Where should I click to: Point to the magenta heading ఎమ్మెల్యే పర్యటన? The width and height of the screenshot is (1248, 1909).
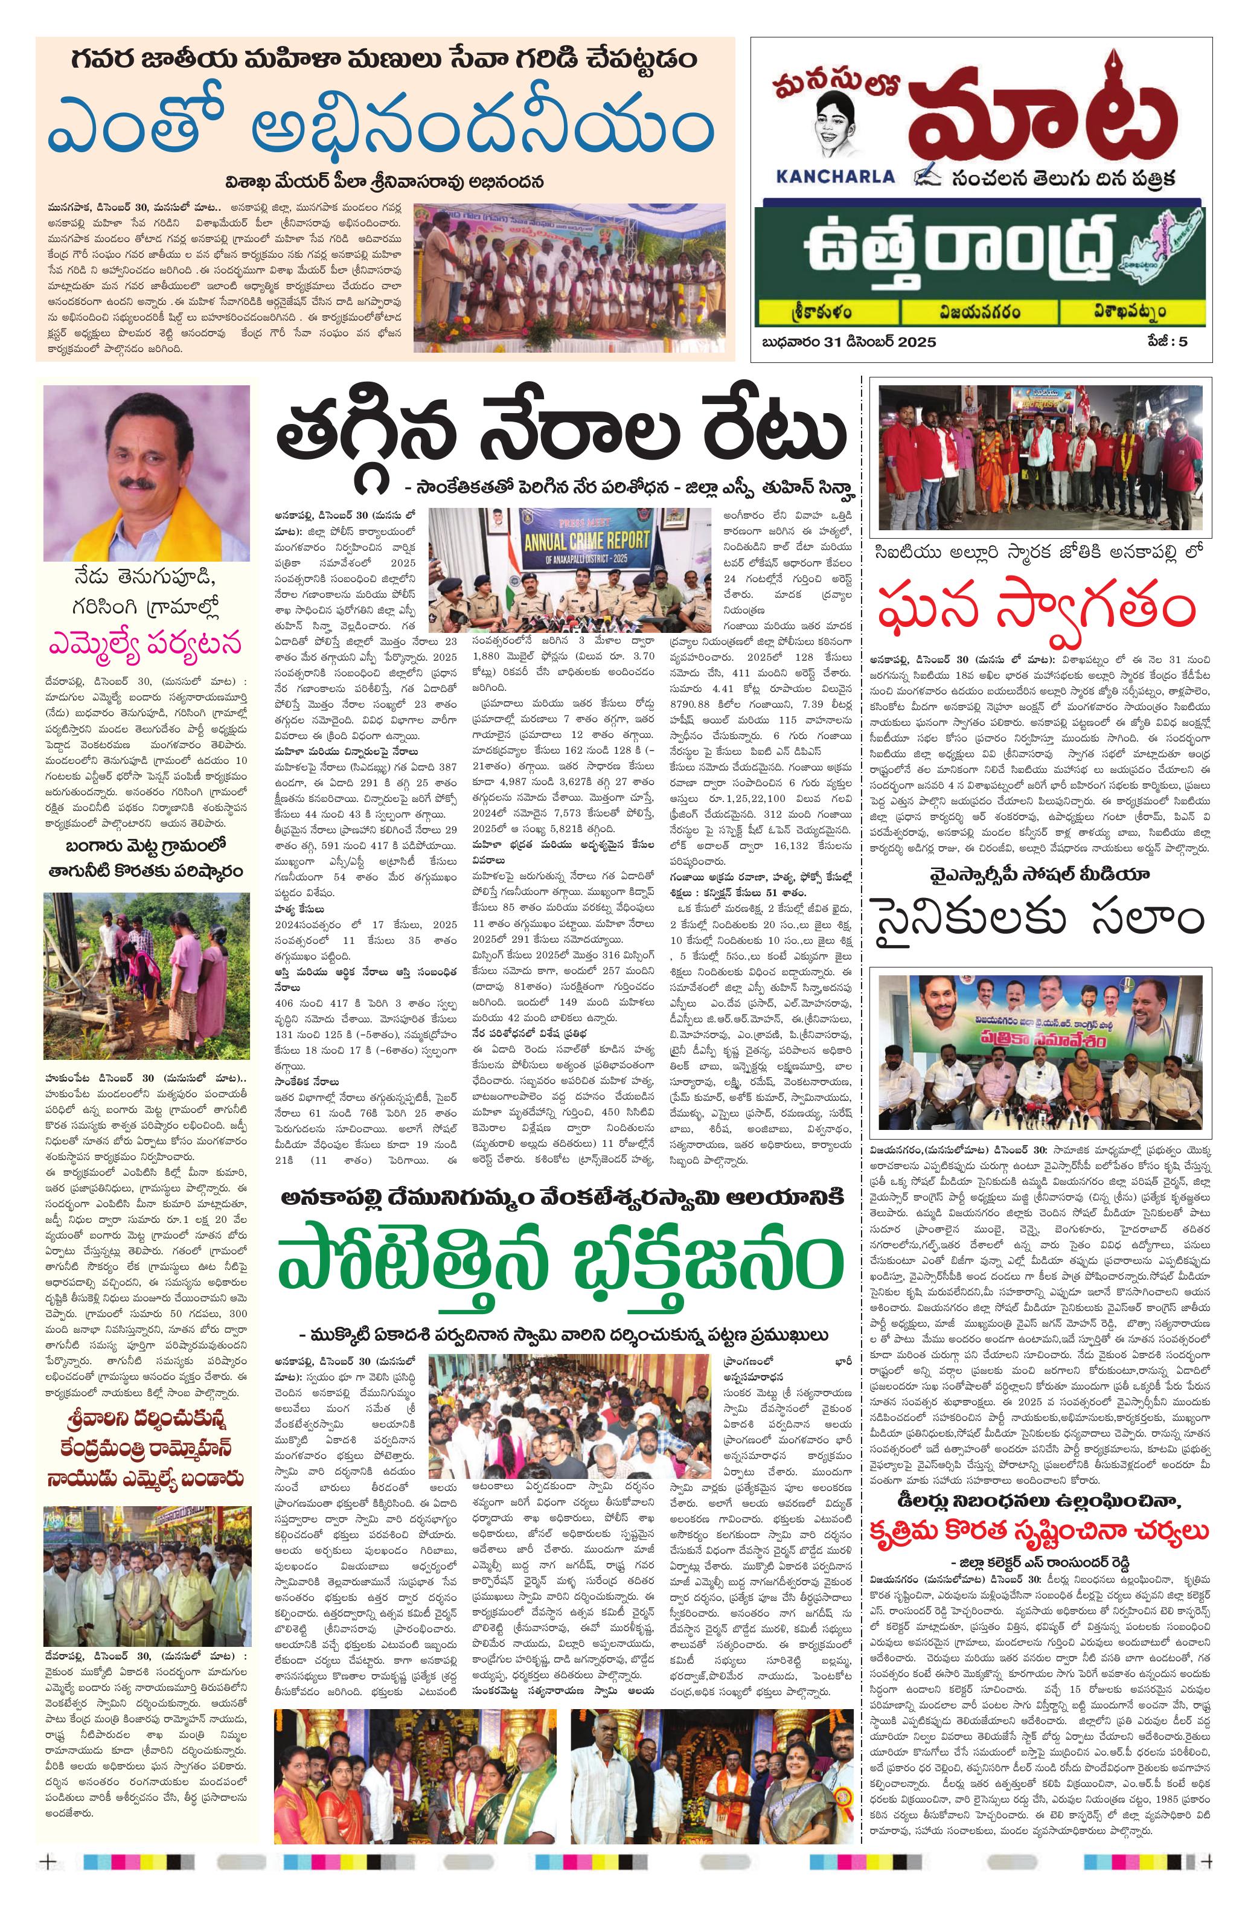pyautogui.click(x=146, y=644)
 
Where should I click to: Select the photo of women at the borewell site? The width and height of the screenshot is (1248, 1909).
pyautogui.click(x=146, y=975)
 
